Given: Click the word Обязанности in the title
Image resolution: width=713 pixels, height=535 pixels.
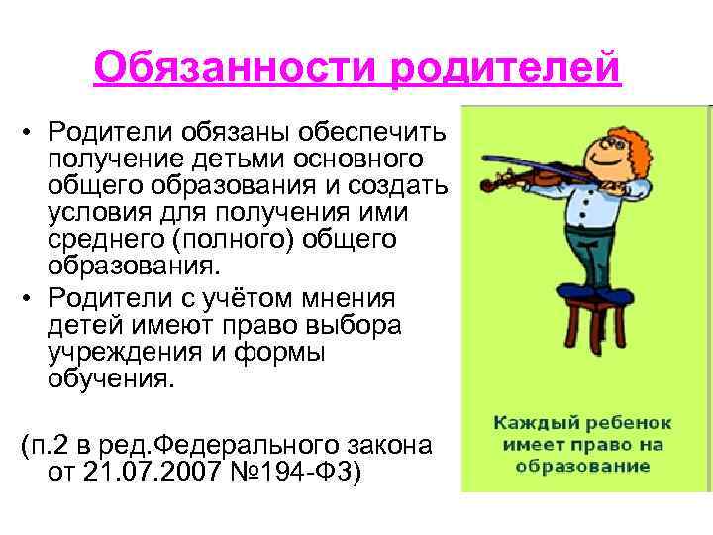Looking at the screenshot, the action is click(x=235, y=67).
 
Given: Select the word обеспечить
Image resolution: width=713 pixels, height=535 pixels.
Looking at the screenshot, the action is click(x=372, y=132).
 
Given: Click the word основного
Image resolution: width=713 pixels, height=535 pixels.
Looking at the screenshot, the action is click(x=358, y=160).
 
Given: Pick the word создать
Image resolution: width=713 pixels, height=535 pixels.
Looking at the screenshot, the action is click(x=398, y=186).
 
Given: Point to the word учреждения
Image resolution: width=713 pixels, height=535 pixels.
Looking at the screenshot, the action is click(x=124, y=353).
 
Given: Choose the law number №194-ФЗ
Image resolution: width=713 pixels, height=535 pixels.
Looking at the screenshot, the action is click(x=291, y=472).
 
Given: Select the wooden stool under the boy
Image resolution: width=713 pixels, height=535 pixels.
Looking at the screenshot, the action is click(x=596, y=324).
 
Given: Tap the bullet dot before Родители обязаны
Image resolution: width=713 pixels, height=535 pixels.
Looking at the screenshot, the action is click(x=27, y=133).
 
